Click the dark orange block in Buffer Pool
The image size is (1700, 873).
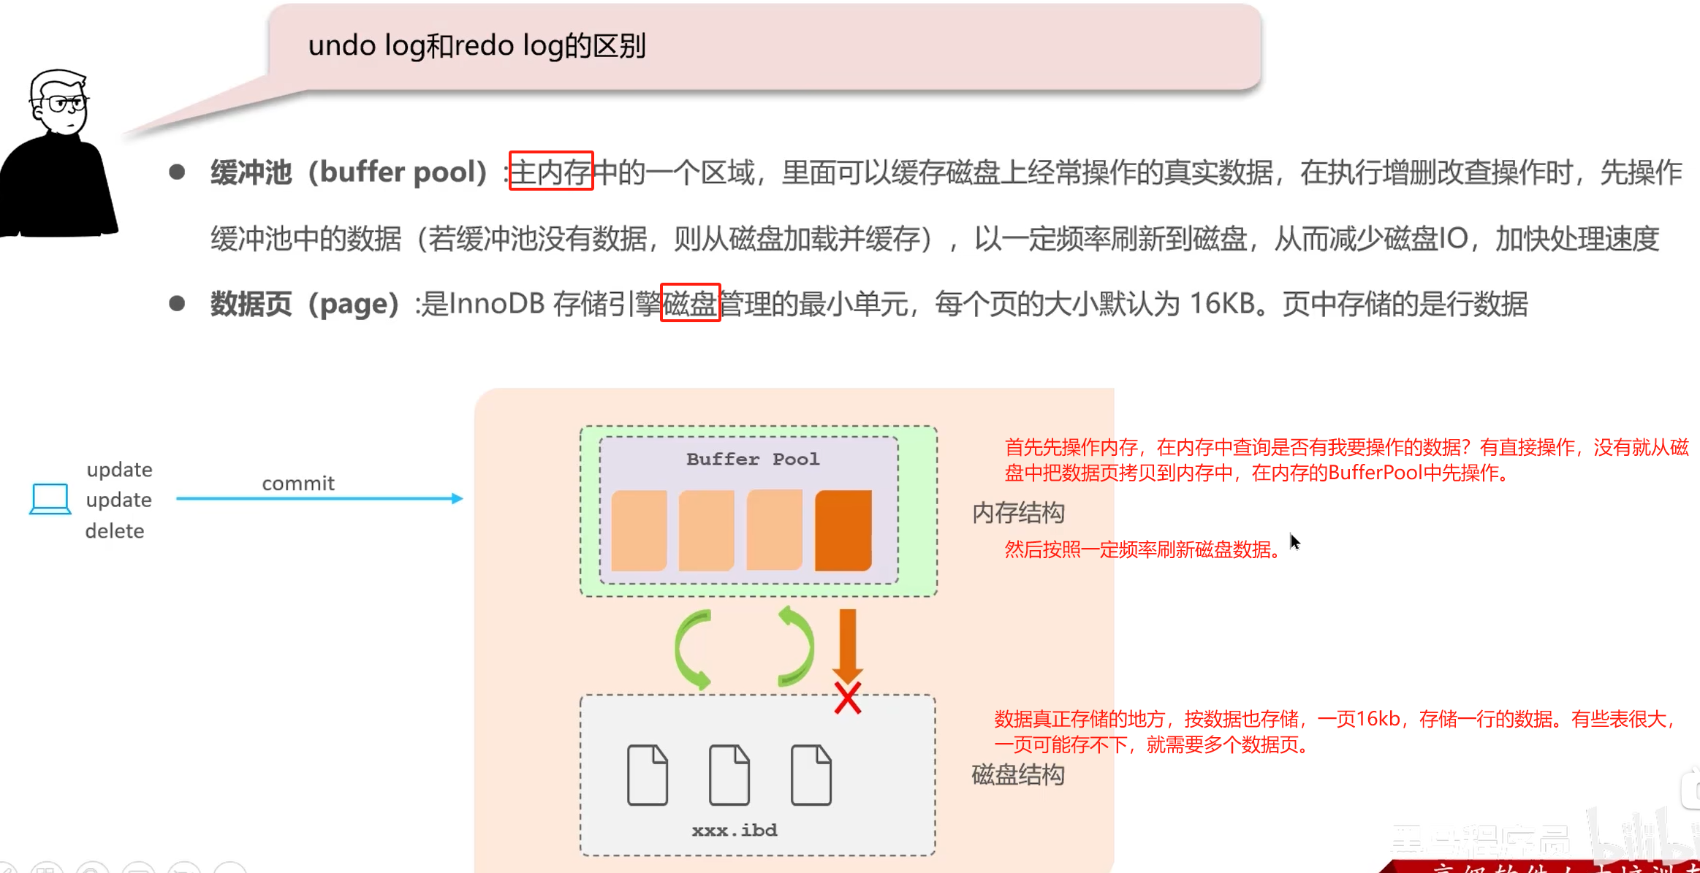pyautogui.click(x=843, y=530)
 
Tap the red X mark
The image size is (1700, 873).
pyautogui.click(x=848, y=698)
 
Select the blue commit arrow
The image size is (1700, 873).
pyautogui.click(x=319, y=499)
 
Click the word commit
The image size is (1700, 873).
pyautogui.click(x=298, y=483)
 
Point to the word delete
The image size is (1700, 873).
pyautogui.click(x=115, y=531)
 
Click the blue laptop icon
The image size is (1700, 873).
pyautogui.click(x=50, y=499)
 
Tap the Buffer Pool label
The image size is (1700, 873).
pyautogui.click(x=752, y=459)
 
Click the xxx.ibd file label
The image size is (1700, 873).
pyautogui.click(x=735, y=831)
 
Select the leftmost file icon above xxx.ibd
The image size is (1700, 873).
pyautogui.click(x=647, y=775)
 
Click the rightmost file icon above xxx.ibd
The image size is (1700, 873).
pyautogui.click(x=811, y=775)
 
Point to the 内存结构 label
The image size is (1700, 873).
pyautogui.click(x=1018, y=513)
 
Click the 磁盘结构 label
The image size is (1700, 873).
pyautogui.click(x=1018, y=774)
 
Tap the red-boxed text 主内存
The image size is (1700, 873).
pyautogui.click(x=550, y=172)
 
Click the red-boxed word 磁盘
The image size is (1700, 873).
pyautogui.click(x=690, y=303)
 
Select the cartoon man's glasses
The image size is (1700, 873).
pyautogui.click(x=65, y=103)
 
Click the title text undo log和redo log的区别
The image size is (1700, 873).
pyautogui.click(x=477, y=45)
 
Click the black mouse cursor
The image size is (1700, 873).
pyautogui.click(x=1294, y=542)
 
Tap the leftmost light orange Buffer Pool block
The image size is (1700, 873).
pyautogui.click(x=639, y=530)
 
